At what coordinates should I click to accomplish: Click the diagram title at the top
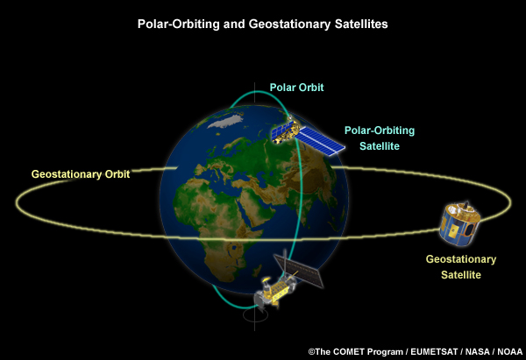coord(262,25)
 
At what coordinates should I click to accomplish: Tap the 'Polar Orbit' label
coord(297,88)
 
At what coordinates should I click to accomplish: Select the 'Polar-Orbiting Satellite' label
coord(379,138)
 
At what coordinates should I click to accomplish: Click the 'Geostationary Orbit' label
coord(81,174)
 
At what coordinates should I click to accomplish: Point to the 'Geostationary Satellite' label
coord(460,267)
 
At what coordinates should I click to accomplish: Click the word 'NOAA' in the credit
coord(508,351)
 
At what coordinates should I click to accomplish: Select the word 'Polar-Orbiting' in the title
coord(174,25)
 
